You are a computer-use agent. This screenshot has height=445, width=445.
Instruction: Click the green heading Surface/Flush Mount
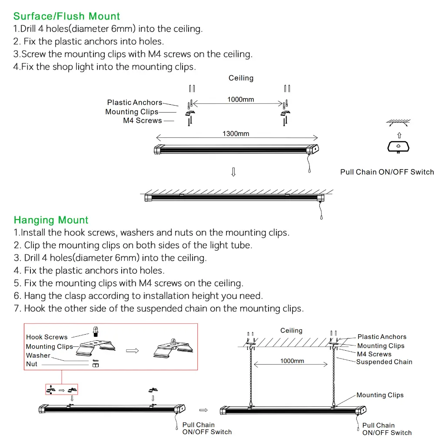(x=66, y=17)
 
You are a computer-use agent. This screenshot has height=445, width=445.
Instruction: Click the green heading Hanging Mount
(x=51, y=220)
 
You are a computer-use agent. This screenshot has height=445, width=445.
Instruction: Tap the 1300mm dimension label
(x=236, y=133)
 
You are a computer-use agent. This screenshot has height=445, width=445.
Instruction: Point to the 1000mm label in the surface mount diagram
(x=240, y=100)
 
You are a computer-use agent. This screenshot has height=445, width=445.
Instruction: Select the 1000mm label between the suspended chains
(x=292, y=361)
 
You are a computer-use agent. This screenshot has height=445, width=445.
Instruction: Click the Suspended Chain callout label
(x=384, y=362)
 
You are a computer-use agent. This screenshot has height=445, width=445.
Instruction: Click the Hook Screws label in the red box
(x=47, y=337)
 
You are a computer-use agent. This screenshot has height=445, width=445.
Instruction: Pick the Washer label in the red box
(x=38, y=355)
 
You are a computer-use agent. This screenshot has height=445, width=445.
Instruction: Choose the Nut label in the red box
(x=32, y=364)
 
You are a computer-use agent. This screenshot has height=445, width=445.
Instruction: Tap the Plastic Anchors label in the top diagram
(x=134, y=103)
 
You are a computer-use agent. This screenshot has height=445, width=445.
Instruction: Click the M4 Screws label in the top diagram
(x=142, y=121)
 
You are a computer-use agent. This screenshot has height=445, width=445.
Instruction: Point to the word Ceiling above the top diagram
(x=241, y=78)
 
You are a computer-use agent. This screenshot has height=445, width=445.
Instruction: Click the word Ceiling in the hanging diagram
(x=291, y=331)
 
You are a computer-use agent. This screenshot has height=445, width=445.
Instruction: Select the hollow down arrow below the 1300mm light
(x=233, y=172)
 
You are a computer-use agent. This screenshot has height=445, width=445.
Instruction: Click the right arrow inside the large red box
(x=135, y=351)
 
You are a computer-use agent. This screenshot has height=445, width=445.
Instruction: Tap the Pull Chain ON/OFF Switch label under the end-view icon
(x=387, y=172)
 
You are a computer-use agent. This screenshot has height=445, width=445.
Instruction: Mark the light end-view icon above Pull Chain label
(x=399, y=146)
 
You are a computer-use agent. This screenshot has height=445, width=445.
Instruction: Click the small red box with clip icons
(x=61, y=389)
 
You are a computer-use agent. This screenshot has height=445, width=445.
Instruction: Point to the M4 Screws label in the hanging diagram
(x=374, y=354)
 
